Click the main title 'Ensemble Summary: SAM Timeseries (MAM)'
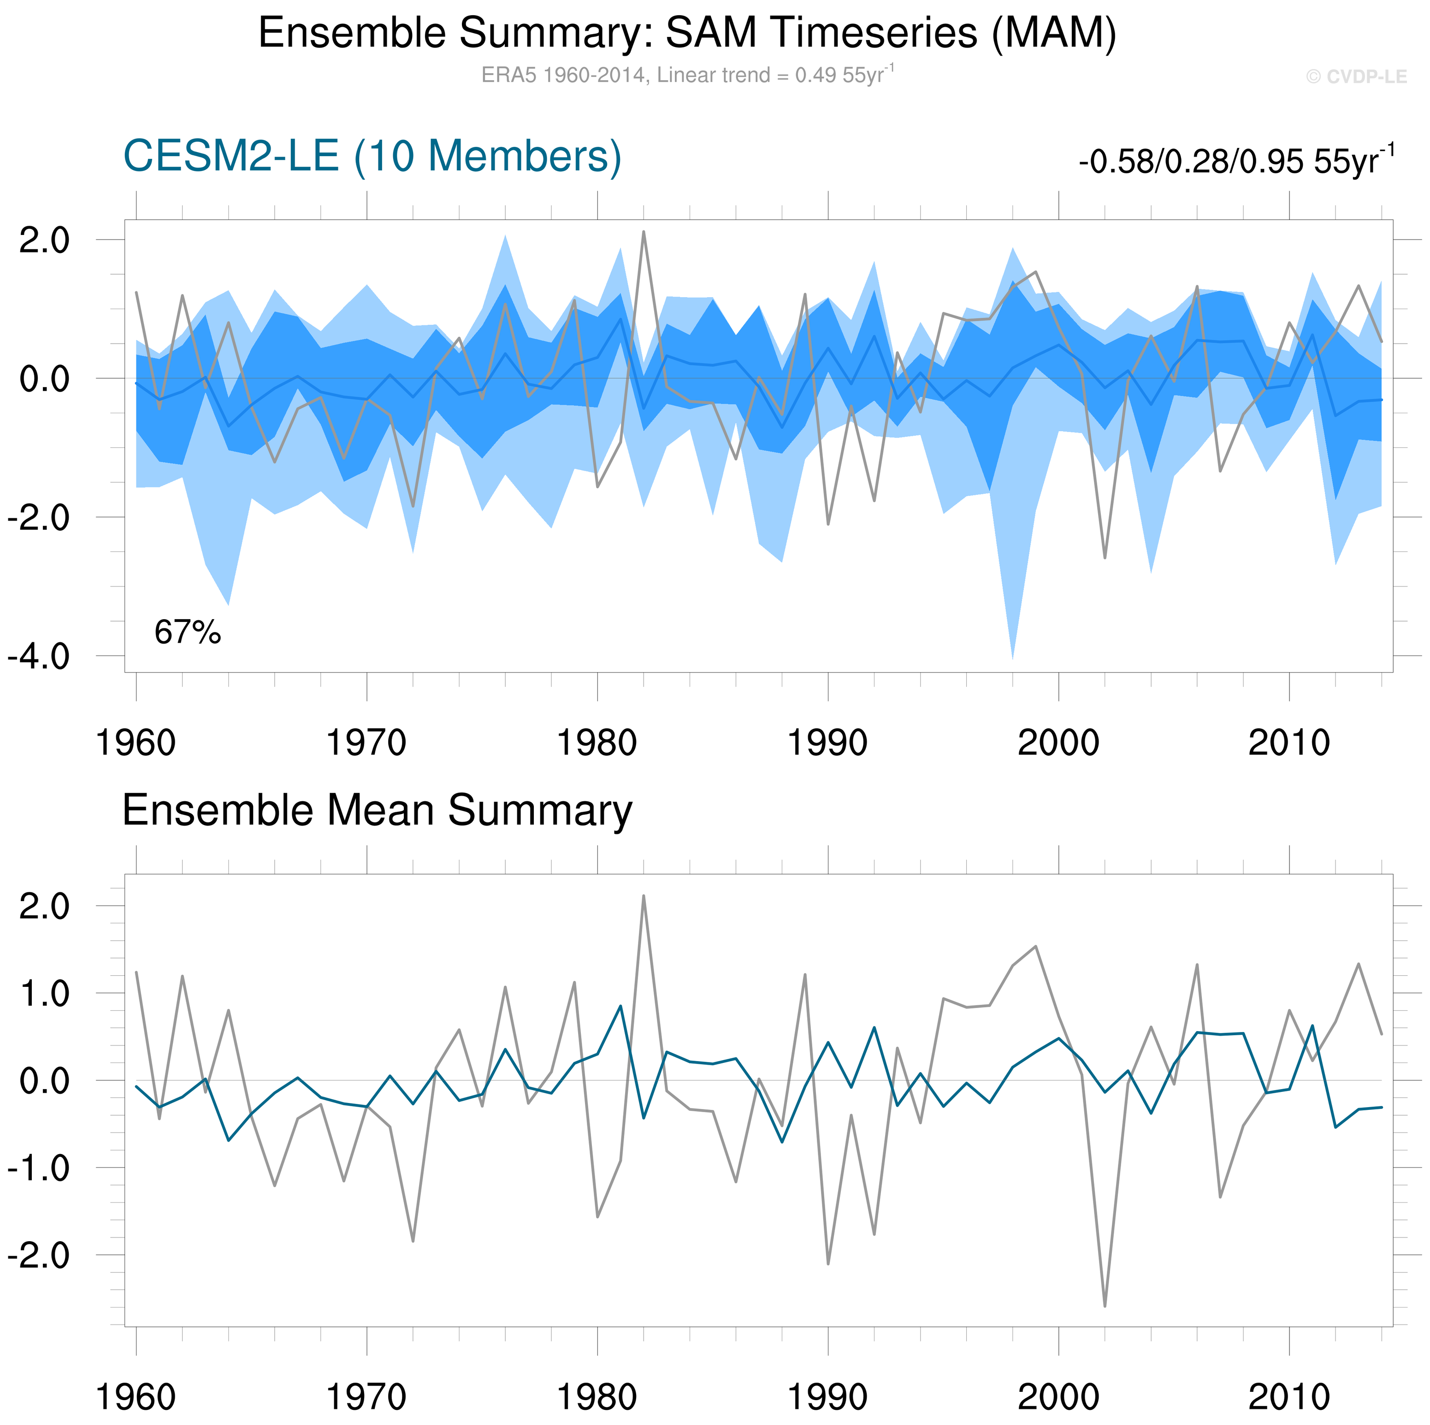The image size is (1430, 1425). (687, 33)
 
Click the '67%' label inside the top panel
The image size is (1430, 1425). (187, 633)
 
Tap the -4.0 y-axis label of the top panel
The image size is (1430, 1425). (38, 656)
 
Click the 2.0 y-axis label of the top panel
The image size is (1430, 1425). (44, 240)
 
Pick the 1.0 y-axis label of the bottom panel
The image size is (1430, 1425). (44, 994)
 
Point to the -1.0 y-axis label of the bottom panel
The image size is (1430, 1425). (38, 1168)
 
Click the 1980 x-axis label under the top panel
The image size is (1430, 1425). (597, 743)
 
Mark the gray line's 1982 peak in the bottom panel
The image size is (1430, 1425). (643, 897)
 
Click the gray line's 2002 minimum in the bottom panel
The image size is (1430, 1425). (1105, 1306)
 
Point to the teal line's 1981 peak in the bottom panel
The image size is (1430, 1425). (620, 1006)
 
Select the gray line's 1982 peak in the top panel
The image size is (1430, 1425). (643, 232)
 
